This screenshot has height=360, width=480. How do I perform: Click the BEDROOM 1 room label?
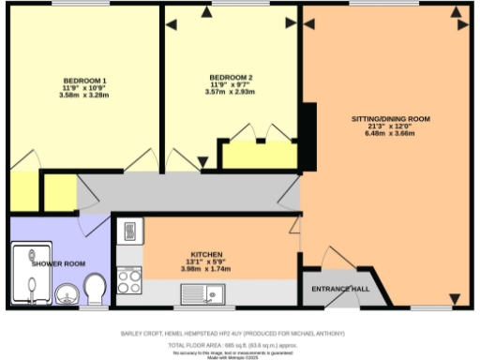tap(84, 80)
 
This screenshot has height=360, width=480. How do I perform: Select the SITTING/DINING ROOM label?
tap(390, 119)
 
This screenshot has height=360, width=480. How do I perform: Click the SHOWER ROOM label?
tap(52, 263)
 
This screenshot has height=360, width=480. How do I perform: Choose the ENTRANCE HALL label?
tap(340, 288)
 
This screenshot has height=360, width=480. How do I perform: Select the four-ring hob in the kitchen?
tap(128, 279)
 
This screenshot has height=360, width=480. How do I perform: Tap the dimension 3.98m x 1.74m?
tap(205, 270)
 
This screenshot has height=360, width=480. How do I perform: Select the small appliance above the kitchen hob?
tap(128, 231)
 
